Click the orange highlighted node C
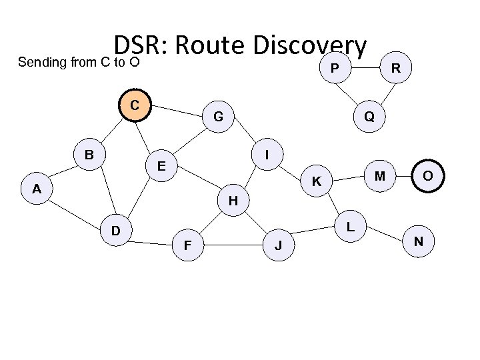135,105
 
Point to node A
37,189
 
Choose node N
418,240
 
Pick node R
396,68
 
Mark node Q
369,116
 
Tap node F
188,246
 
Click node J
279,246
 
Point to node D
115,231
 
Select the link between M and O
405,176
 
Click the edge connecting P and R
365,68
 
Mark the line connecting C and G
177,112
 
